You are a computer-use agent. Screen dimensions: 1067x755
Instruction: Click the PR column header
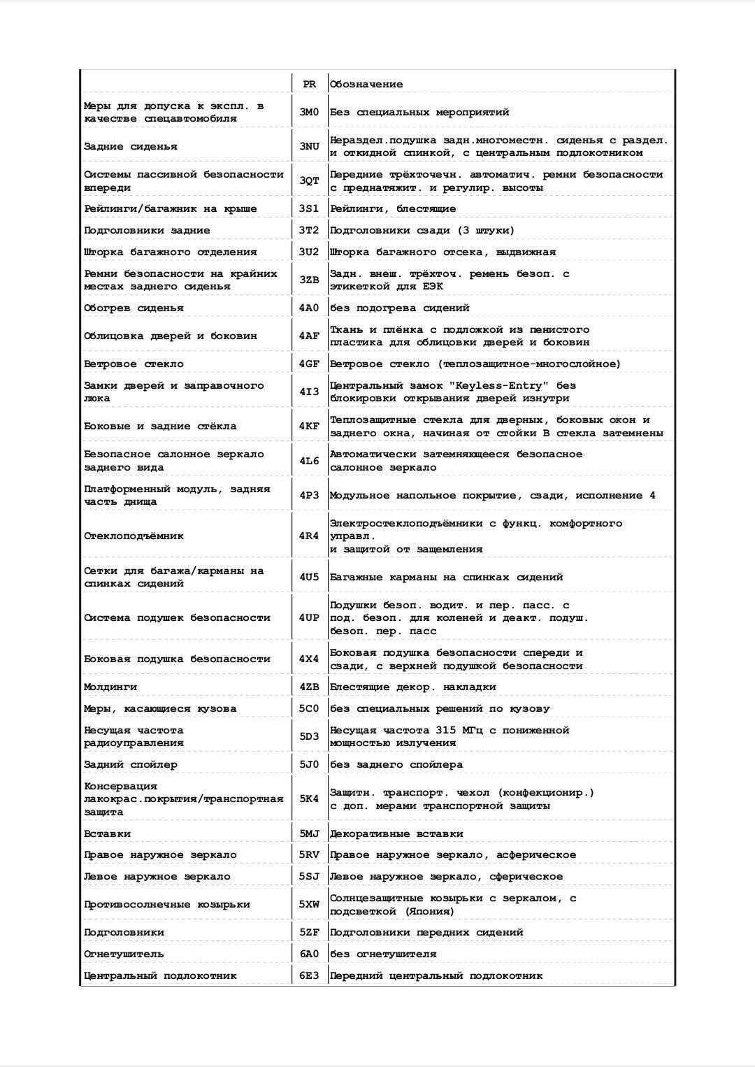[309, 84]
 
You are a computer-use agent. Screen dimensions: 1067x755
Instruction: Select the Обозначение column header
[366, 84]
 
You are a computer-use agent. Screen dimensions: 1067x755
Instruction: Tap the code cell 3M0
[309, 112]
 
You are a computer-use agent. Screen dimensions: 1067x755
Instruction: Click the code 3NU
[309, 146]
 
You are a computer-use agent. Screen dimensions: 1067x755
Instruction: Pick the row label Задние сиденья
[131, 146]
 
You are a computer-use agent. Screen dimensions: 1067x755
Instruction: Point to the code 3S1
[309, 208]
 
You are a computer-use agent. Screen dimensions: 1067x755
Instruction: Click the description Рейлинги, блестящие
[393, 208]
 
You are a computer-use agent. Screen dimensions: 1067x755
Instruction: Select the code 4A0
[309, 308]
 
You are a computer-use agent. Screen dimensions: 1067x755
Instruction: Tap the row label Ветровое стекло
[134, 364]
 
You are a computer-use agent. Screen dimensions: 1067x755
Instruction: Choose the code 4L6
[309, 461]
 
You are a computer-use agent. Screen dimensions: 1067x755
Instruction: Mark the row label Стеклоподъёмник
[134, 536]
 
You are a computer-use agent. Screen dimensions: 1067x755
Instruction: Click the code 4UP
[309, 617]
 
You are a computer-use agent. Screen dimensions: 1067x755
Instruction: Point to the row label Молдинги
[110, 687]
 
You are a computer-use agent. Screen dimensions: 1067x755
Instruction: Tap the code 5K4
[309, 799]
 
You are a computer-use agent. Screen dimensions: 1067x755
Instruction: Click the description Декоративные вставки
[396, 833]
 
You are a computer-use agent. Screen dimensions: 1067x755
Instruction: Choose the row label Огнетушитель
[124, 954]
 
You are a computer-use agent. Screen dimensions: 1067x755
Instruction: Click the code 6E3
[309, 975]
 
